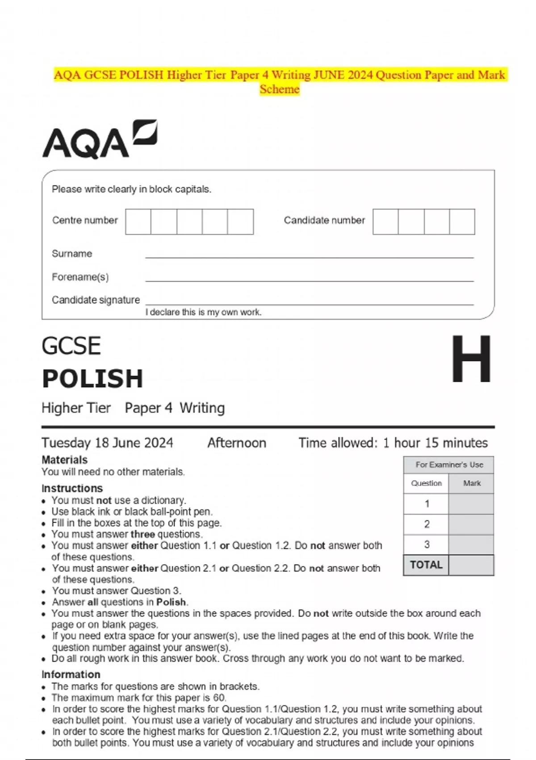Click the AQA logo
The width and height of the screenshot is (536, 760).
[99, 139]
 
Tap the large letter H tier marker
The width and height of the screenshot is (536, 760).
[471, 359]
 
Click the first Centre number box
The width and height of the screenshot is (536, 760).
[138, 222]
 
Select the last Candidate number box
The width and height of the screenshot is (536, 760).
[462, 222]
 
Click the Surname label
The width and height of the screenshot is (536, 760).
[72, 253]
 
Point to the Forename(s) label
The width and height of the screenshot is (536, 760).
[80, 277]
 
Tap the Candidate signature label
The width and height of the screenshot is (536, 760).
[96, 300]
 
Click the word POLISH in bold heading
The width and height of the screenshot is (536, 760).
[92, 379]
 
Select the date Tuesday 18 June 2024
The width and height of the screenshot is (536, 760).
[107, 443]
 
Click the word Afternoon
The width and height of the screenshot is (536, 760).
[237, 443]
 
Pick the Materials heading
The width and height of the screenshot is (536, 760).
[64, 460]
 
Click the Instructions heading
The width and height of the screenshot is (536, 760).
[72, 488]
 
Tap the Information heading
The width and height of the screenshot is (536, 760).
[71, 674]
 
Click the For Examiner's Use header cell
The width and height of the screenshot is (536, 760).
[449, 465]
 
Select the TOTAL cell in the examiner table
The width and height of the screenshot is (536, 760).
[426, 565]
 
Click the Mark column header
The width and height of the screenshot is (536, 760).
[472, 483]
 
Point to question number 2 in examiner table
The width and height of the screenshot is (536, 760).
[427, 524]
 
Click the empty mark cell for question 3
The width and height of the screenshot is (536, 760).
[471, 545]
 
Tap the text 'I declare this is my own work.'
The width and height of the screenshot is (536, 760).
[203, 312]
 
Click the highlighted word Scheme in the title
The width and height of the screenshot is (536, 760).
[280, 89]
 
